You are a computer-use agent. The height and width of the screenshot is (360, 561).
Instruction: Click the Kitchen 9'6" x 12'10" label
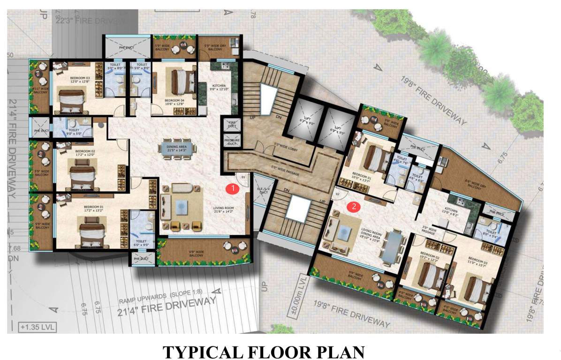click(220, 87)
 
